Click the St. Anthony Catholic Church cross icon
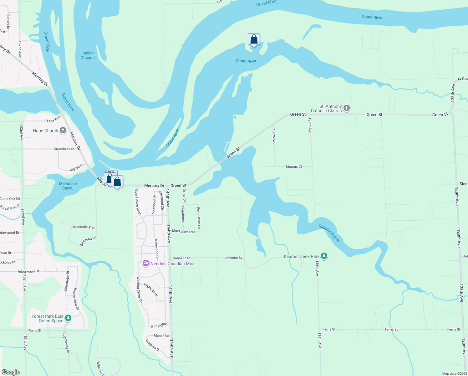tap(346, 108)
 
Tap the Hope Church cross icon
tap(63, 130)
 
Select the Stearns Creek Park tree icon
tap(324, 256)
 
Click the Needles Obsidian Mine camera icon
tap(146, 264)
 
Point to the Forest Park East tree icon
tap(68, 318)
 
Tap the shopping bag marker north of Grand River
tap(254, 39)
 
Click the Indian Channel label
tap(88, 55)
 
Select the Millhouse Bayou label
tap(68, 186)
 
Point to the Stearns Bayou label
tap(329, 233)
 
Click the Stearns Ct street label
tap(294, 167)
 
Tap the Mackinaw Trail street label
tap(184, 232)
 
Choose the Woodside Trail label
tap(84, 227)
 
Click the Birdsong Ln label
tap(88, 241)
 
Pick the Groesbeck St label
tap(64, 149)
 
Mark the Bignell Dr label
tap(77, 168)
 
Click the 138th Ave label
tap(274, 137)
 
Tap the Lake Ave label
tap(53, 120)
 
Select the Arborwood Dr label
tap(28, 271)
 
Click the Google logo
tap(11, 372)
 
